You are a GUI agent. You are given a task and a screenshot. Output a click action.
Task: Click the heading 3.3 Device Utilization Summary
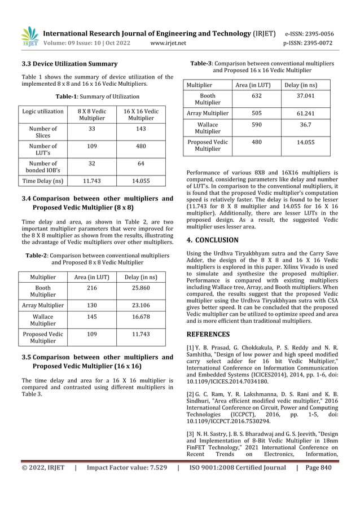(x=69, y=64)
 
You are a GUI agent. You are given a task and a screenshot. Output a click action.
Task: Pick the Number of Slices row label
(x=43, y=133)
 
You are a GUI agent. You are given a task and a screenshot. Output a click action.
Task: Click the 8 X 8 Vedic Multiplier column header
(x=91, y=115)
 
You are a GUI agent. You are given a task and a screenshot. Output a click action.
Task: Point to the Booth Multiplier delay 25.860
(x=141, y=288)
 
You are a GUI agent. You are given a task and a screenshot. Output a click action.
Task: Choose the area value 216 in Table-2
(x=91, y=288)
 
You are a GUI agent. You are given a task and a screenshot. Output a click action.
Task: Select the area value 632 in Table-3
(x=256, y=96)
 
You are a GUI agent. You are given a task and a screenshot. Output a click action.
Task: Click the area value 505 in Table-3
(x=256, y=113)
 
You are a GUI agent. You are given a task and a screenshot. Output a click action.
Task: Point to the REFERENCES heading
(x=208, y=334)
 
